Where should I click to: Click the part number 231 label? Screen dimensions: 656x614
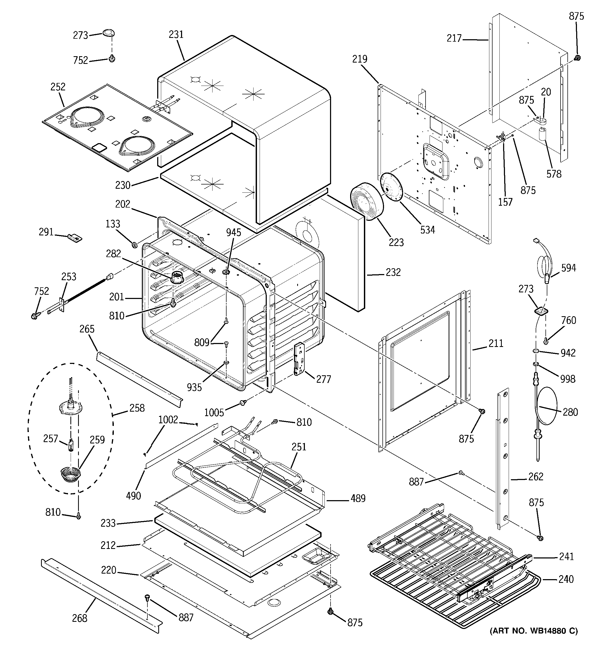(176, 34)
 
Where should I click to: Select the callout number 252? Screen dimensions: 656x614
(58, 87)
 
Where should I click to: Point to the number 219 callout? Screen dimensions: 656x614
(360, 59)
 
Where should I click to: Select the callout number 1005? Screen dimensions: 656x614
(214, 412)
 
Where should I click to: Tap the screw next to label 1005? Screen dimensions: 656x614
(243, 402)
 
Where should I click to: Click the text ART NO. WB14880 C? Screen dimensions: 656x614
(534, 631)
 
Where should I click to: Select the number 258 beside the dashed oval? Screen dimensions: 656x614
(137, 408)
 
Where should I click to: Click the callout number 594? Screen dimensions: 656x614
(568, 268)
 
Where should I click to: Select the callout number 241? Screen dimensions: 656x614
(566, 556)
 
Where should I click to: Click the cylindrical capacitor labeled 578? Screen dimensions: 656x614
(543, 135)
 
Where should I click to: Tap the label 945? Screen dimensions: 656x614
(233, 232)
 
